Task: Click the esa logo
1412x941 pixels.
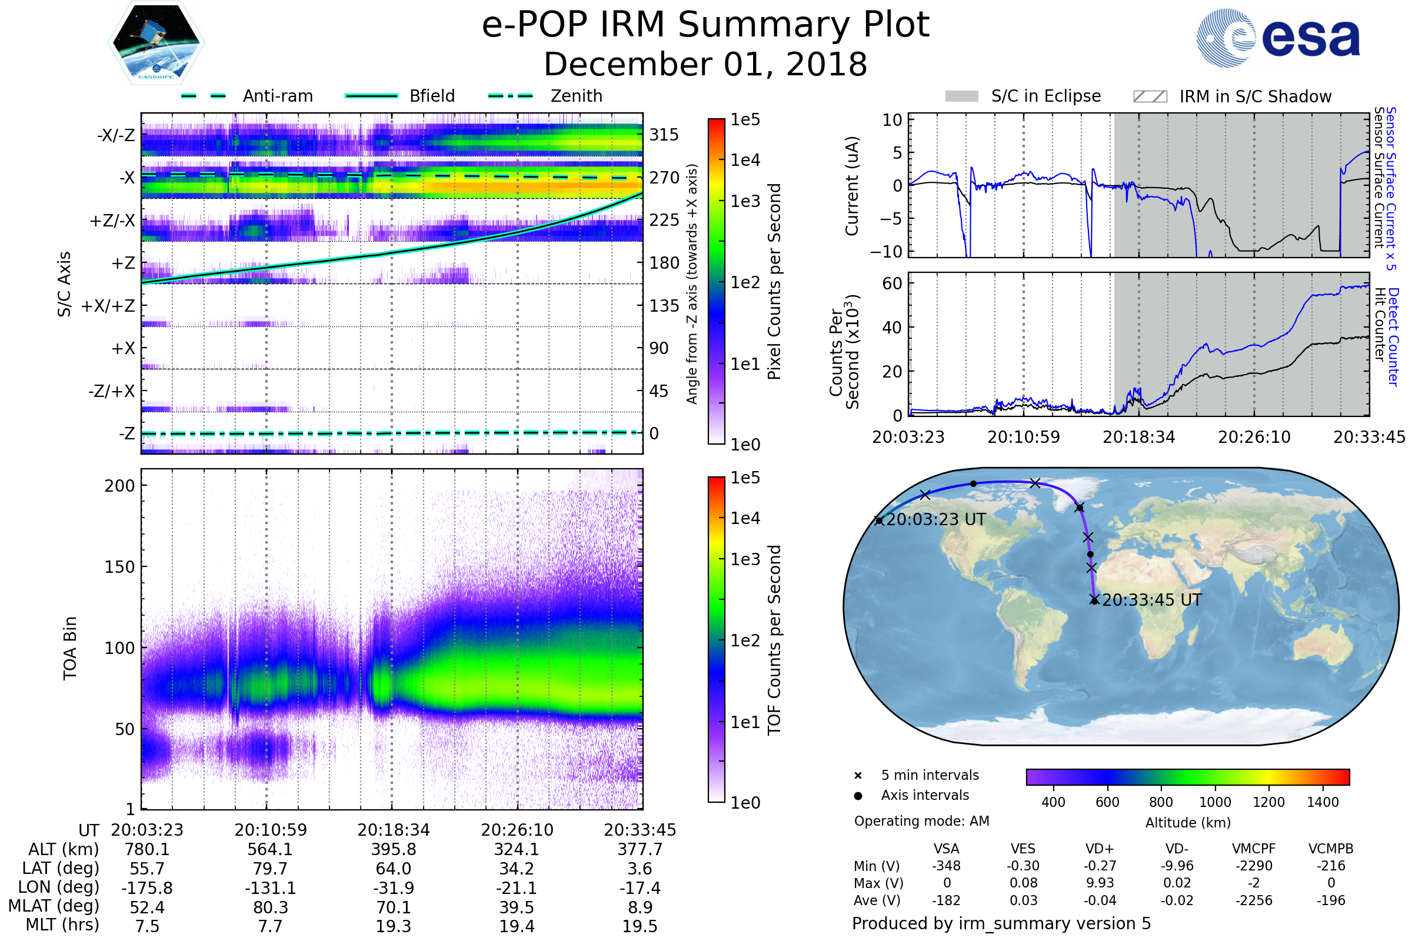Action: click(x=1278, y=38)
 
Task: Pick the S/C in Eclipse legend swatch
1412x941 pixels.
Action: click(x=961, y=96)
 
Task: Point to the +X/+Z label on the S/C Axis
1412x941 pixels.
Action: click(x=108, y=306)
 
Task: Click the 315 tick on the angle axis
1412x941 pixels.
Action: click(x=664, y=135)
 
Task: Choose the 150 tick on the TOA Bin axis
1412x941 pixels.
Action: click(x=119, y=567)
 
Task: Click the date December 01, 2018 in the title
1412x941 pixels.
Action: click(x=705, y=65)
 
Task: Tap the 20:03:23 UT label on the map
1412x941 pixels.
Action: click(x=935, y=520)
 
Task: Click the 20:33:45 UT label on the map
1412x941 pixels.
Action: click(x=1151, y=600)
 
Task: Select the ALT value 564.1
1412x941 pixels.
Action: click(x=270, y=850)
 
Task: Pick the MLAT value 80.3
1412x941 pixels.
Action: click(x=270, y=907)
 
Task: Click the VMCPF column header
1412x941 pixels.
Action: click(x=1254, y=849)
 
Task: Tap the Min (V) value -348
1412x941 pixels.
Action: click(x=946, y=866)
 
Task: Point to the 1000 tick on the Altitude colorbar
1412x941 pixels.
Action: click(x=1215, y=802)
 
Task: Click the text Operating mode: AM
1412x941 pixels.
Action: click(x=921, y=821)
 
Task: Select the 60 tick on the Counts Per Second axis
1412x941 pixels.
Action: click(x=892, y=283)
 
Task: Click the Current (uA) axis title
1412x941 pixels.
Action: click(x=852, y=185)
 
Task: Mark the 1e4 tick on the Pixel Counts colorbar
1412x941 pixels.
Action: click(x=745, y=160)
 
